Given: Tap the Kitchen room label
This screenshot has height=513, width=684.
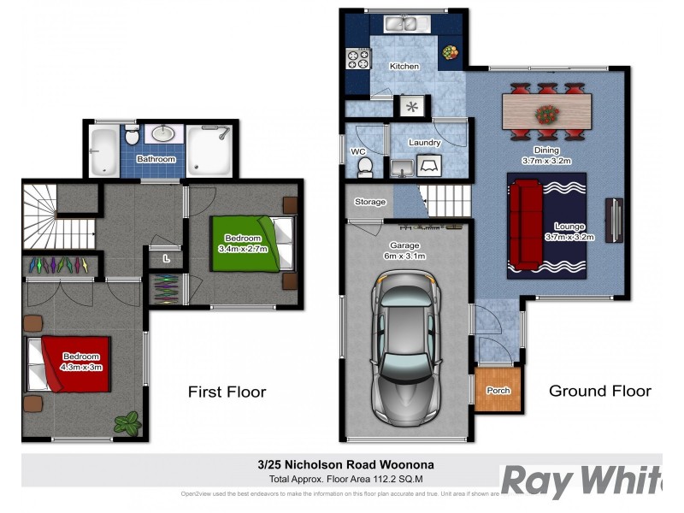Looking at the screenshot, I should coord(404,66).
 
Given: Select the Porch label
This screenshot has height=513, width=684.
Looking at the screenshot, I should coord(498,391).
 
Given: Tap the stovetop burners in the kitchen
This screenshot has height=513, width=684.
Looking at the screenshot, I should coord(357,58).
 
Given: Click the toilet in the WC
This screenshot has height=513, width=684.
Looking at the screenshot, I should coord(365,166).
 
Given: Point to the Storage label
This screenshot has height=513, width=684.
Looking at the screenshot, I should coord(370,203).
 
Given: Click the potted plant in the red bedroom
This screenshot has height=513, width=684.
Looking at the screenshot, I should coord(128,422).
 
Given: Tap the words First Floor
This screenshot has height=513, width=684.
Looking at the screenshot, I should coord(227,392).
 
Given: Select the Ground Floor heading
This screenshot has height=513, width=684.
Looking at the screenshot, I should coord(599,391).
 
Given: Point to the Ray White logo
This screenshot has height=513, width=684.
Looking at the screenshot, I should coord(581,481).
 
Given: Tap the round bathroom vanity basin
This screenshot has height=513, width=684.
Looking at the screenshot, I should coord(163,133).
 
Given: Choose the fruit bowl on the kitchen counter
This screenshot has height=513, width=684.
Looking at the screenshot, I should coord(449,54).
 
